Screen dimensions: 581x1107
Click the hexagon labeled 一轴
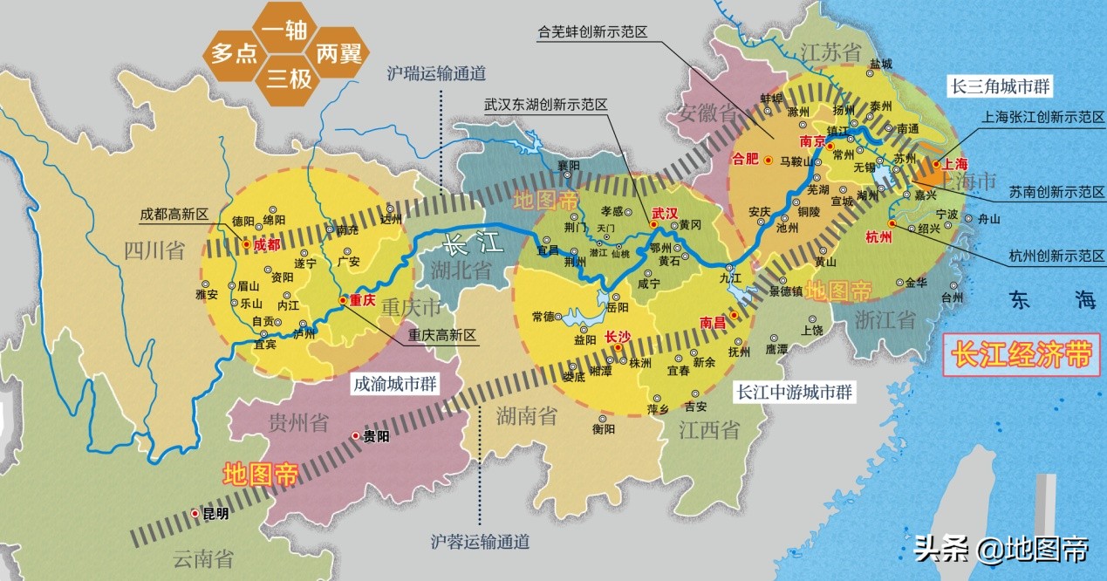[x=284, y=31]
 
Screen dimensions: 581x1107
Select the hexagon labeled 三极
[x=289, y=79]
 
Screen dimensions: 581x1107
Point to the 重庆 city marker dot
[x=343, y=301]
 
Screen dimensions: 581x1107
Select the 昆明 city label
[x=215, y=515]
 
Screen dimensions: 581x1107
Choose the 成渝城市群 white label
[x=395, y=384]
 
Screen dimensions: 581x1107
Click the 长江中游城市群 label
[x=794, y=393]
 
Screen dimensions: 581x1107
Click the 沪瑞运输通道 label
[x=436, y=74]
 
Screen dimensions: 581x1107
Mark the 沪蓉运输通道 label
[x=480, y=542]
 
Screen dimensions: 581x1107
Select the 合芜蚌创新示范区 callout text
[x=592, y=33]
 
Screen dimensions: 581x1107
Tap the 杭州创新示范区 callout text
[x=1056, y=256]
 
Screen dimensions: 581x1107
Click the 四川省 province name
[x=154, y=252]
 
